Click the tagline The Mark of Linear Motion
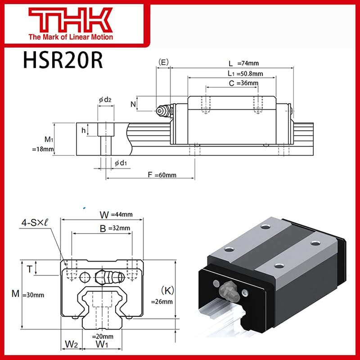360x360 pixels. pos(70,37)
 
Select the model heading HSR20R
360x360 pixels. pos(63,60)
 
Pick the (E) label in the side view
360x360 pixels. pos(162,62)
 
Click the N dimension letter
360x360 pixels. pos(133,104)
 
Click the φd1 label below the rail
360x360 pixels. pos(120,162)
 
